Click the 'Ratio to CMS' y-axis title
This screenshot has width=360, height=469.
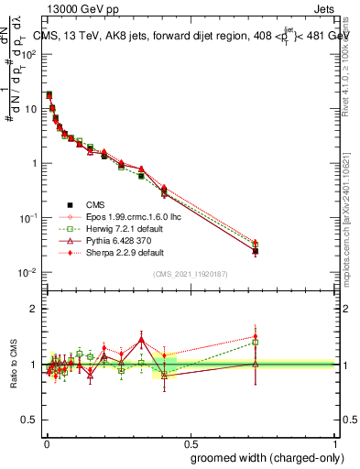[15, 365]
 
